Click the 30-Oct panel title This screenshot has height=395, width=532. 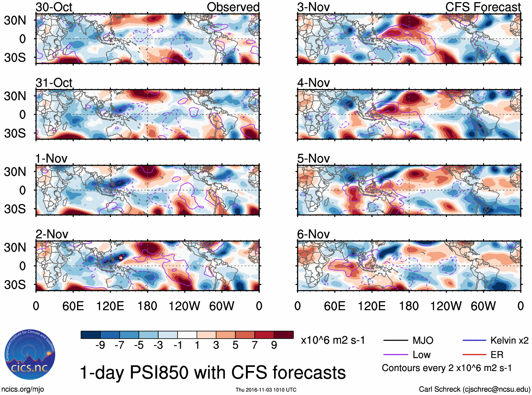[x=54, y=7]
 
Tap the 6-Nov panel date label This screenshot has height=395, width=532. [x=313, y=234]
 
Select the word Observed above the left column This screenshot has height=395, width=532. [x=233, y=7]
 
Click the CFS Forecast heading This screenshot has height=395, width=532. [x=483, y=7]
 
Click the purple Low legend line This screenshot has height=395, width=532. [x=395, y=355]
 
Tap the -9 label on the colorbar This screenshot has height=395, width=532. [x=100, y=345]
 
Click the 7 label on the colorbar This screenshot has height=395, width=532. [x=255, y=345]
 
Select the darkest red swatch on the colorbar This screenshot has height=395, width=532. [x=284, y=335]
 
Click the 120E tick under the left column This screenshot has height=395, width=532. [x=110, y=306]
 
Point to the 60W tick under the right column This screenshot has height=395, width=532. [x=483, y=306]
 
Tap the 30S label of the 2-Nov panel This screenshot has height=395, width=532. [x=15, y=285]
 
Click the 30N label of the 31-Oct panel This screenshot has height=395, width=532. [x=15, y=96]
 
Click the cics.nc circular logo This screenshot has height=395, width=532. [x=30, y=355]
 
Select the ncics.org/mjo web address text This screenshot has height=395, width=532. [x=23, y=389]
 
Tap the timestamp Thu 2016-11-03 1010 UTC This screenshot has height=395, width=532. [x=266, y=390]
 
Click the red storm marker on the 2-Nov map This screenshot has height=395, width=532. [x=120, y=258]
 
